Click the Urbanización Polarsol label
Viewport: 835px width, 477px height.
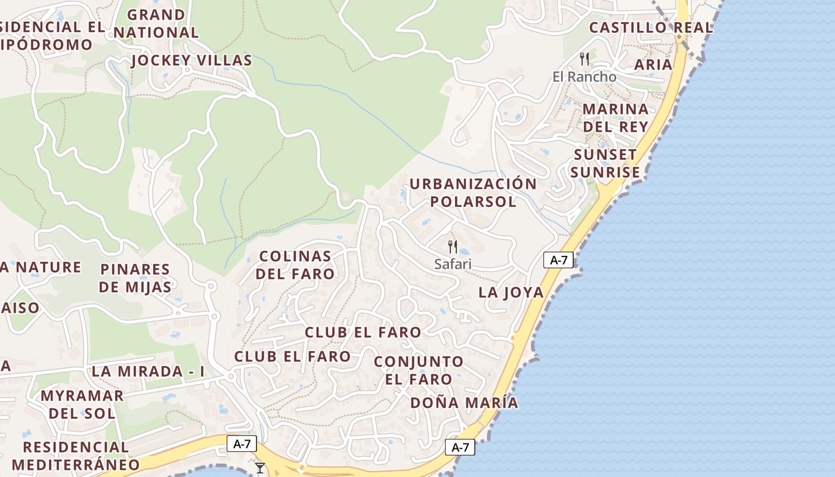(473, 193)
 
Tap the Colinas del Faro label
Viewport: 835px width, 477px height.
(296, 265)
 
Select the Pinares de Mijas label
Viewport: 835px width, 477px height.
(135, 278)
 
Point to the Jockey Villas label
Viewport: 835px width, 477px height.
(191, 60)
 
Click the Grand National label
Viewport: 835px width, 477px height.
(156, 23)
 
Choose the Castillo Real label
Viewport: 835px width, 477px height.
(651, 27)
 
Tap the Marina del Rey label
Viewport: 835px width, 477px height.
(616, 117)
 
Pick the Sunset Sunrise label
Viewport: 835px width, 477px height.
(605, 163)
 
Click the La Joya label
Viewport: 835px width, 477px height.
(511, 292)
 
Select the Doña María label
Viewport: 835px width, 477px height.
(464, 402)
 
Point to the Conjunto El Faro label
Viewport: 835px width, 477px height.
(419, 370)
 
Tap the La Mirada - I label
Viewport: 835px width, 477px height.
(148, 371)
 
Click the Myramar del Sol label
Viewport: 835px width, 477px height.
(82, 404)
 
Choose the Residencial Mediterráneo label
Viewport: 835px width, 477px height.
(76, 456)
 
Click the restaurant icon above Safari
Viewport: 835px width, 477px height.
(453, 246)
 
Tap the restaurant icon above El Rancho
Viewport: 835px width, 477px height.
(584, 58)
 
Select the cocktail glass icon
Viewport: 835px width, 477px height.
(260, 468)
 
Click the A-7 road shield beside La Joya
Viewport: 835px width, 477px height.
(558, 260)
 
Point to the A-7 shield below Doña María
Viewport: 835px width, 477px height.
(460, 447)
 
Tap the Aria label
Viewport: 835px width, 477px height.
(653, 64)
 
